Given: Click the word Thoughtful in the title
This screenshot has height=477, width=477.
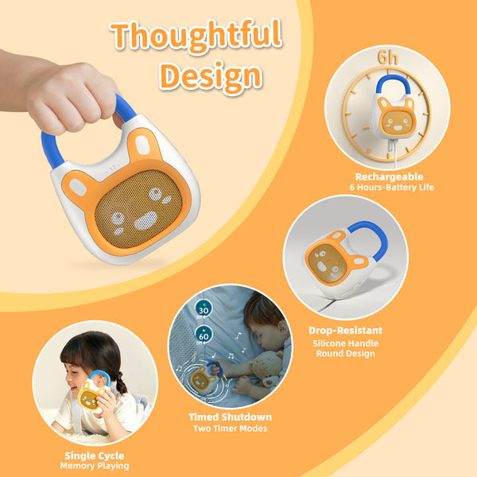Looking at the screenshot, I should tap(196, 37).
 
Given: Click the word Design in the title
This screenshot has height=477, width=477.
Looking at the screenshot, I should tap(210, 75).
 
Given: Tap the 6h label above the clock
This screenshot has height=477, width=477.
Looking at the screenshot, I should tap(388, 59).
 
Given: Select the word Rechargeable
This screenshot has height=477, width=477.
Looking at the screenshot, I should tap(389, 176).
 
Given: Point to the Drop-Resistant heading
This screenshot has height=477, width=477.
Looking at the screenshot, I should tap(345, 329).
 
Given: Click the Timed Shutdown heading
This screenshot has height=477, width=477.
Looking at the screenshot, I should tap(230, 417).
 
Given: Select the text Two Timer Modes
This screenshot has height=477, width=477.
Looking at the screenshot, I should tap(230, 429).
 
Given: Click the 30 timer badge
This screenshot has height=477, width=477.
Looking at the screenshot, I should tap(203, 311).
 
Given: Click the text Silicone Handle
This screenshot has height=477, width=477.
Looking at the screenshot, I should tap(345, 343).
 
